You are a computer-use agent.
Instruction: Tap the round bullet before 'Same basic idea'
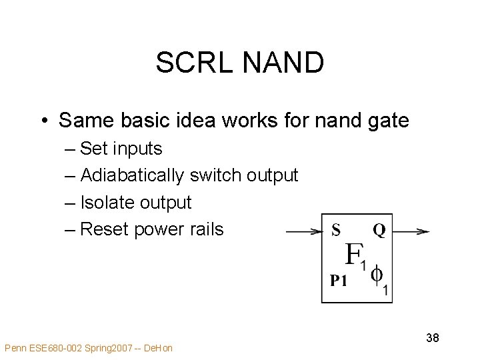(x=43, y=121)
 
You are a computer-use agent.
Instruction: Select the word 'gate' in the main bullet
(x=387, y=121)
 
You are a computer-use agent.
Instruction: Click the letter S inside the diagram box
(x=336, y=231)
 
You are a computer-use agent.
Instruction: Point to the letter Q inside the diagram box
(x=379, y=231)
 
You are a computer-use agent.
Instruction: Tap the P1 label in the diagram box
(x=339, y=281)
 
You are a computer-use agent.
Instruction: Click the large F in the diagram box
(x=353, y=254)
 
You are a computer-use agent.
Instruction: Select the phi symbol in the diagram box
(x=377, y=275)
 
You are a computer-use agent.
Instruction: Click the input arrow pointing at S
(x=304, y=232)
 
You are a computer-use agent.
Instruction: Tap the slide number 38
(x=432, y=338)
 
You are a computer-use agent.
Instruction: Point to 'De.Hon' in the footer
(x=157, y=348)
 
